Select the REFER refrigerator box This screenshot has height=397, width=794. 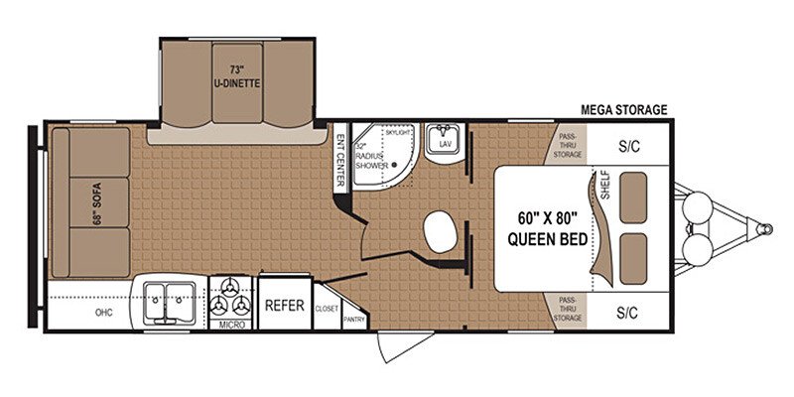pyautogui.click(x=284, y=307)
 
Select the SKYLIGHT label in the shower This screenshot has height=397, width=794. pyautogui.click(x=398, y=131)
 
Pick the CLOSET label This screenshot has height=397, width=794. pyautogui.click(x=327, y=309)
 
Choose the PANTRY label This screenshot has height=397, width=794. pyautogui.click(x=353, y=320)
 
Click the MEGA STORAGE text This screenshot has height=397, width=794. pyautogui.click(x=624, y=109)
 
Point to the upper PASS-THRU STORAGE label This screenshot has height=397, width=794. pyautogui.click(x=568, y=147)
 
